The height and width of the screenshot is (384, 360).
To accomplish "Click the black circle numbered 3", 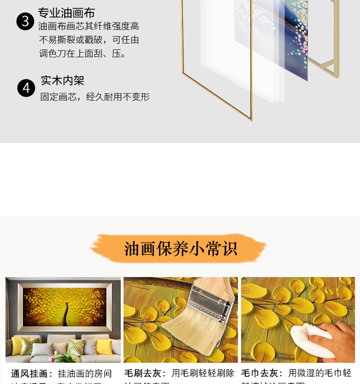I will click(25, 22).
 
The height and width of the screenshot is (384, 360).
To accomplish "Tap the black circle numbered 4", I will click(26, 88).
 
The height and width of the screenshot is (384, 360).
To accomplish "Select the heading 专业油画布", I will click(67, 12).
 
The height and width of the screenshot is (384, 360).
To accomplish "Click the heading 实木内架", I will click(62, 80).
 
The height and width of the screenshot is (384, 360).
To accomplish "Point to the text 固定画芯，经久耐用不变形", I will click(95, 97).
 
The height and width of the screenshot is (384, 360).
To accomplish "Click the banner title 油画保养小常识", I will click(180, 249).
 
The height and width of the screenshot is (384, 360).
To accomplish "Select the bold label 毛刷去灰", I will click(145, 373).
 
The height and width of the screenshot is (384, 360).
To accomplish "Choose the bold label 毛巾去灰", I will click(262, 373).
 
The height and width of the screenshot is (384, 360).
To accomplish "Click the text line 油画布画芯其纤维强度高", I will click(89, 26).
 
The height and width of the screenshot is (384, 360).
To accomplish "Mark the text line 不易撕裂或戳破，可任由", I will click(89, 40).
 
